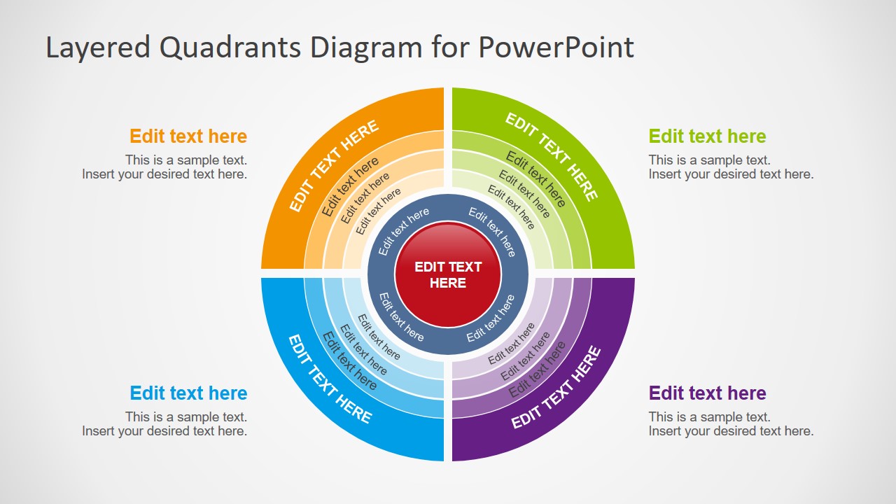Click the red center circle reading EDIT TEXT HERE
pyautogui.click(x=448, y=274)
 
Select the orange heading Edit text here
pyautogui.click(x=188, y=136)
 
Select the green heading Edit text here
pyautogui.click(x=707, y=136)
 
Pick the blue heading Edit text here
pyautogui.click(x=188, y=393)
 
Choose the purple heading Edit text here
pyautogui.click(x=707, y=393)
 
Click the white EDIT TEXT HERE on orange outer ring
pyautogui.click(x=334, y=166)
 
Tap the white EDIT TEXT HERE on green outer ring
pyautogui.click(x=552, y=157)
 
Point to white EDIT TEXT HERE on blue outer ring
pyautogui.click(x=330, y=379)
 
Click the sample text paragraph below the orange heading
pyautogui.click(x=164, y=167)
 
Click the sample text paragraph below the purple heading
pyautogui.click(x=731, y=424)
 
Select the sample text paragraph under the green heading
pyautogui.click(x=731, y=167)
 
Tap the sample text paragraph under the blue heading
pyautogui.click(x=164, y=424)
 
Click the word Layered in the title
pyautogui.click(x=97, y=48)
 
